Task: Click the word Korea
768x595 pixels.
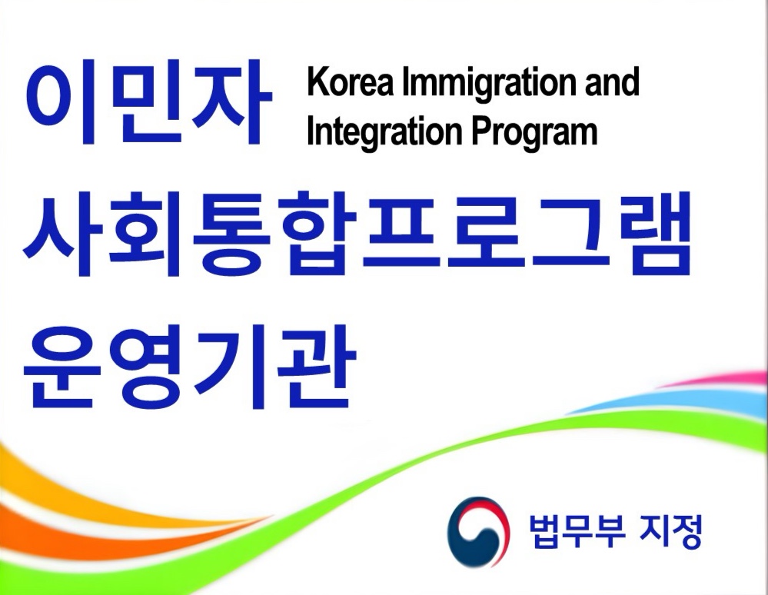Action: pos(350,81)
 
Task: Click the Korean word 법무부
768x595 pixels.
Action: pos(577,531)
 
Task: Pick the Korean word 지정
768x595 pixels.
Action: pos(670,531)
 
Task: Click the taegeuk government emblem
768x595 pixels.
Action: pos(478,532)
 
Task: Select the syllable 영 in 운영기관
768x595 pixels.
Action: pos(147,367)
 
